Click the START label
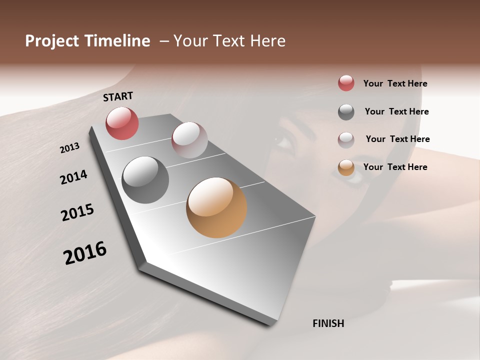click(x=118, y=96)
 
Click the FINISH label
click(x=328, y=323)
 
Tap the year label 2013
click(x=70, y=147)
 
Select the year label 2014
click(x=73, y=177)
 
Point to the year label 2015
click(x=77, y=212)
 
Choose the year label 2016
click(x=85, y=252)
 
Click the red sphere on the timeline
click(x=122, y=123)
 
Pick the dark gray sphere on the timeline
click(x=145, y=180)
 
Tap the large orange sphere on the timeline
click(x=216, y=207)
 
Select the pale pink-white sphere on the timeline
click(x=189, y=140)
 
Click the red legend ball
click(x=346, y=83)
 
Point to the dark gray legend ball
click(x=346, y=112)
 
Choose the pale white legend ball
click(x=346, y=140)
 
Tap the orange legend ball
click(x=346, y=167)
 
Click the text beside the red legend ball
click(x=395, y=84)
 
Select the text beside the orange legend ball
click(x=395, y=167)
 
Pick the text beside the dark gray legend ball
click(x=396, y=111)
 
